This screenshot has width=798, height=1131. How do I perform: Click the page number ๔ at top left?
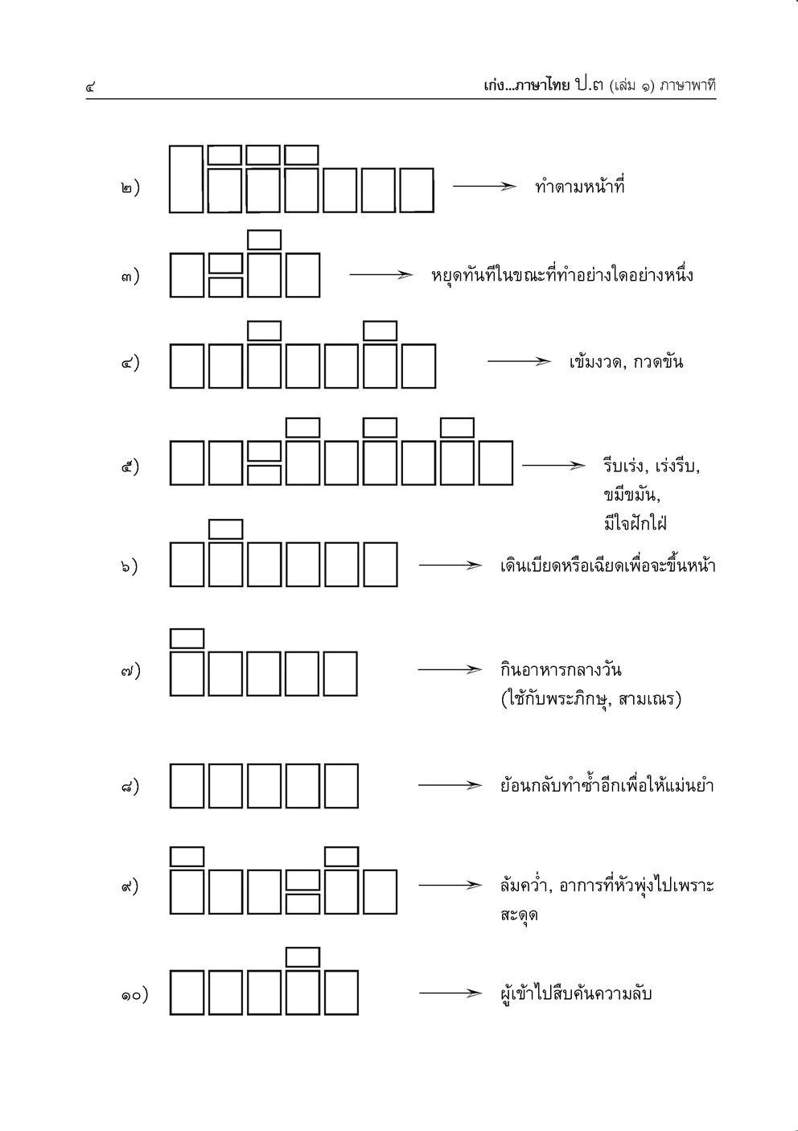[x=90, y=86]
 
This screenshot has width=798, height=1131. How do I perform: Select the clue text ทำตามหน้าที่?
[x=579, y=187]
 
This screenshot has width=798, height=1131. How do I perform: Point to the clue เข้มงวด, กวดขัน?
[x=625, y=361]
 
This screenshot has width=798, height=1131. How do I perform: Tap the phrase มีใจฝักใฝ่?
[x=635, y=524]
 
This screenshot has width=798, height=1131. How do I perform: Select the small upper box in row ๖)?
[x=225, y=528]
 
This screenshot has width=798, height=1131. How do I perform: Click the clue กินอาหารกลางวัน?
[x=561, y=669]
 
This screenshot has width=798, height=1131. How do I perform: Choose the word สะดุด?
[x=519, y=915]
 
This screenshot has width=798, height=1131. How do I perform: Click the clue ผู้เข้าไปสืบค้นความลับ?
[x=576, y=993]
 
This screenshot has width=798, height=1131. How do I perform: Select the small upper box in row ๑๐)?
[x=302, y=957]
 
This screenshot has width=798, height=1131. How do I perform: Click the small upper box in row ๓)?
[x=264, y=240]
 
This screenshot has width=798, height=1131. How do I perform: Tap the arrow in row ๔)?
[x=519, y=361]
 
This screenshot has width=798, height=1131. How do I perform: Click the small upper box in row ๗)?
[x=187, y=638]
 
